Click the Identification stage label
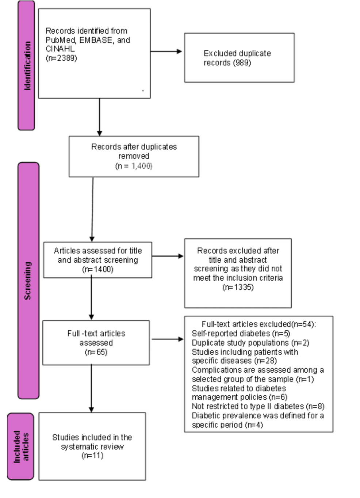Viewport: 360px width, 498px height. (27, 66)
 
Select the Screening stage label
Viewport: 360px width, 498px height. (28, 281)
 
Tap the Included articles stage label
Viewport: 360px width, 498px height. (21, 446)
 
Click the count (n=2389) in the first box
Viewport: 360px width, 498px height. (61, 58)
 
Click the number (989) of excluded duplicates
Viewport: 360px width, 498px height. (242, 62)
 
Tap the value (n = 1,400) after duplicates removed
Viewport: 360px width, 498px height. (134, 166)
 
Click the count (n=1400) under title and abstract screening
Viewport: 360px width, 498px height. (98, 269)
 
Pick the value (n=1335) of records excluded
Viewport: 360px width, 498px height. (238, 287)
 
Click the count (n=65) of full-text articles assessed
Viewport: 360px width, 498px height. (96, 352)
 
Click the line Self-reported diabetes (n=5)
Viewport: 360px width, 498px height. (241, 333)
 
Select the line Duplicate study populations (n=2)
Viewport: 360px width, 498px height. (250, 343)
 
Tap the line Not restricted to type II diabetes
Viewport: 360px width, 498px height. (258, 406)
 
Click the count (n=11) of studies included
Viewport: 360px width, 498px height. (92, 455)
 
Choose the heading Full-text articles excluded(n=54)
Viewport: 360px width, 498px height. (259, 324)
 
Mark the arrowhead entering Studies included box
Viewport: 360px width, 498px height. (91, 410)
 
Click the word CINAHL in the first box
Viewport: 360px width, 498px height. (60, 49)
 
